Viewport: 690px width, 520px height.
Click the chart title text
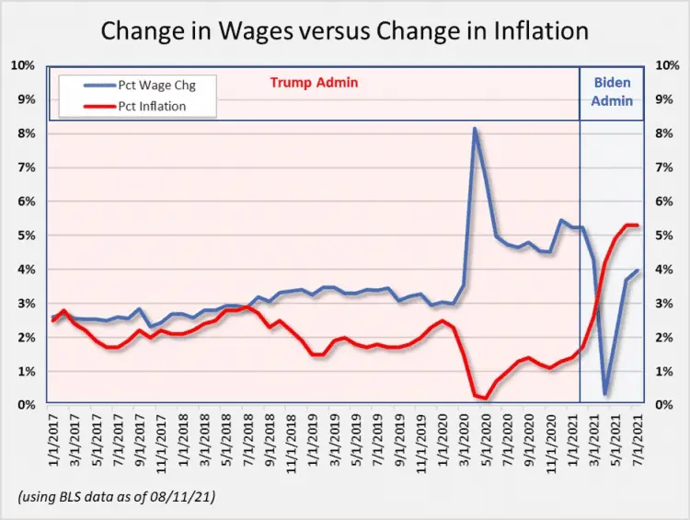point(344,31)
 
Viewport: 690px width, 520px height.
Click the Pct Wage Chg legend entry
point(162,85)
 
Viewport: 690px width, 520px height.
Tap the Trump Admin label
point(314,83)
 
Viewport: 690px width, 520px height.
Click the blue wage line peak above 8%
point(475,129)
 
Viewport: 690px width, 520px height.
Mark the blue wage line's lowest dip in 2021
point(605,394)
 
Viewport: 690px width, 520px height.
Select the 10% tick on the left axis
point(23,65)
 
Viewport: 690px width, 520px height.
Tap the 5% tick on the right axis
point(664,236)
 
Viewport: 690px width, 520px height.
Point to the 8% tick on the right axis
point(664,133)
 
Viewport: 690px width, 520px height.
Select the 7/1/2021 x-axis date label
point(638,442)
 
